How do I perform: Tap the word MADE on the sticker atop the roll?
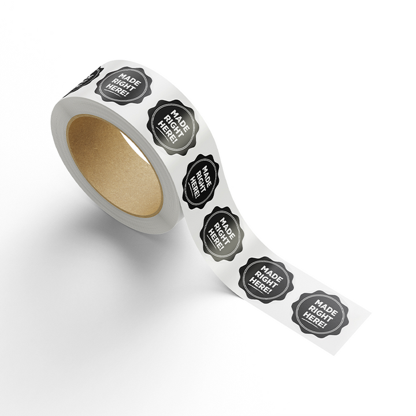click(129, 80)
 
